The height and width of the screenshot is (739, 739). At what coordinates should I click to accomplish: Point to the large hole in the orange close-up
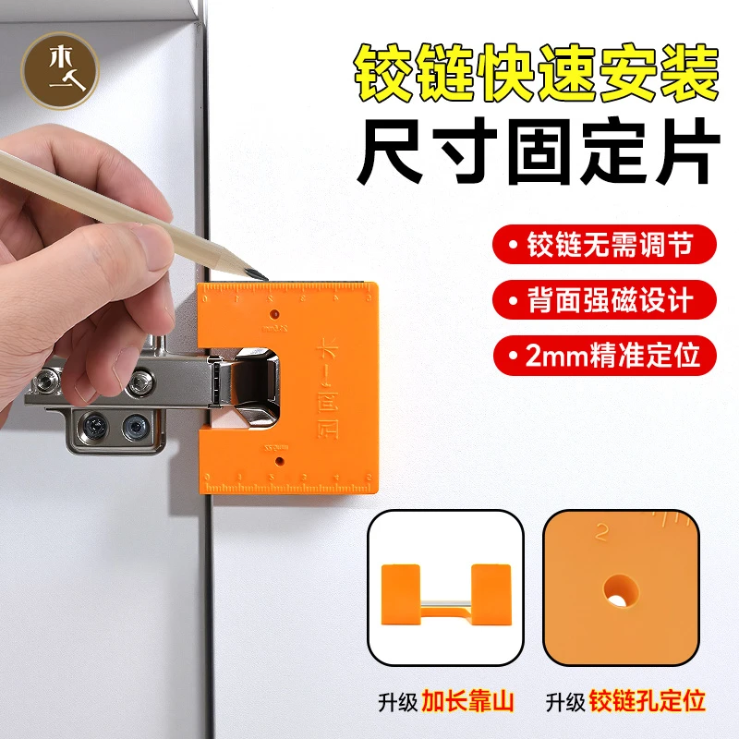(x=618, y=588)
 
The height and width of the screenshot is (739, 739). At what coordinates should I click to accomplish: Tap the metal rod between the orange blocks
(x=445, y=610)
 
